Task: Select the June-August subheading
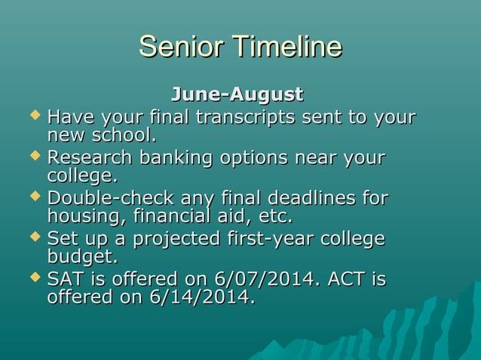click(x=237, y=95)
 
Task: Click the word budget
click(x=81, y=258)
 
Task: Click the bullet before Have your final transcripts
click(x=32, y=117)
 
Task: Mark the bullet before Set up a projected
click(x=32, y=239)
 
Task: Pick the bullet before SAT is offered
click(x=32, y=279)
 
